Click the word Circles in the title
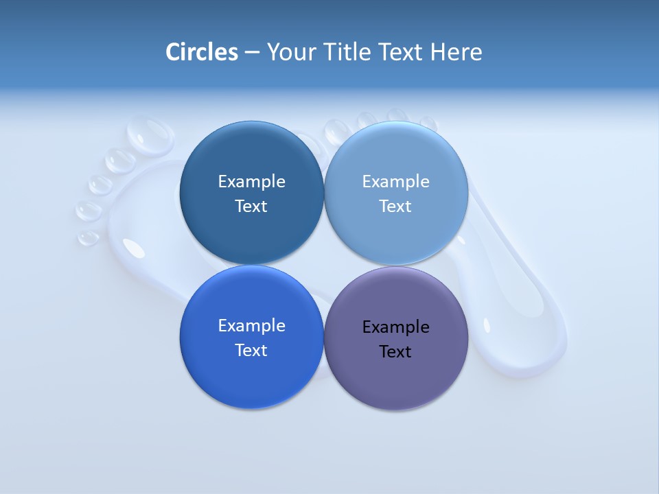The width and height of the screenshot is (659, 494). tap(201, 52)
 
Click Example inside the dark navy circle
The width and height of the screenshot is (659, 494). tap(251, 181)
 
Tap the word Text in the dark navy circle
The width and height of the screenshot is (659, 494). tap(251, 206)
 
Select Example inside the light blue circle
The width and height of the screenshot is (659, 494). tap(395, 181)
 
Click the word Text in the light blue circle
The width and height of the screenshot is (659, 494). tap(395, 206)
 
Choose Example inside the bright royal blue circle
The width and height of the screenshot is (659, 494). tap(251, 325)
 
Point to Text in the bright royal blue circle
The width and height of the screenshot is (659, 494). tap(251, 350)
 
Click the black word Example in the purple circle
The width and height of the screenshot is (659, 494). tap(395, 327)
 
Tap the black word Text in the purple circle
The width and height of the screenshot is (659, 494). tap(395, 351)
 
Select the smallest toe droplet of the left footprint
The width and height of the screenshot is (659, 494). tap(88, 237)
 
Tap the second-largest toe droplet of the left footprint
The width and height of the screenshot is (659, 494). tap(121, 161)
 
